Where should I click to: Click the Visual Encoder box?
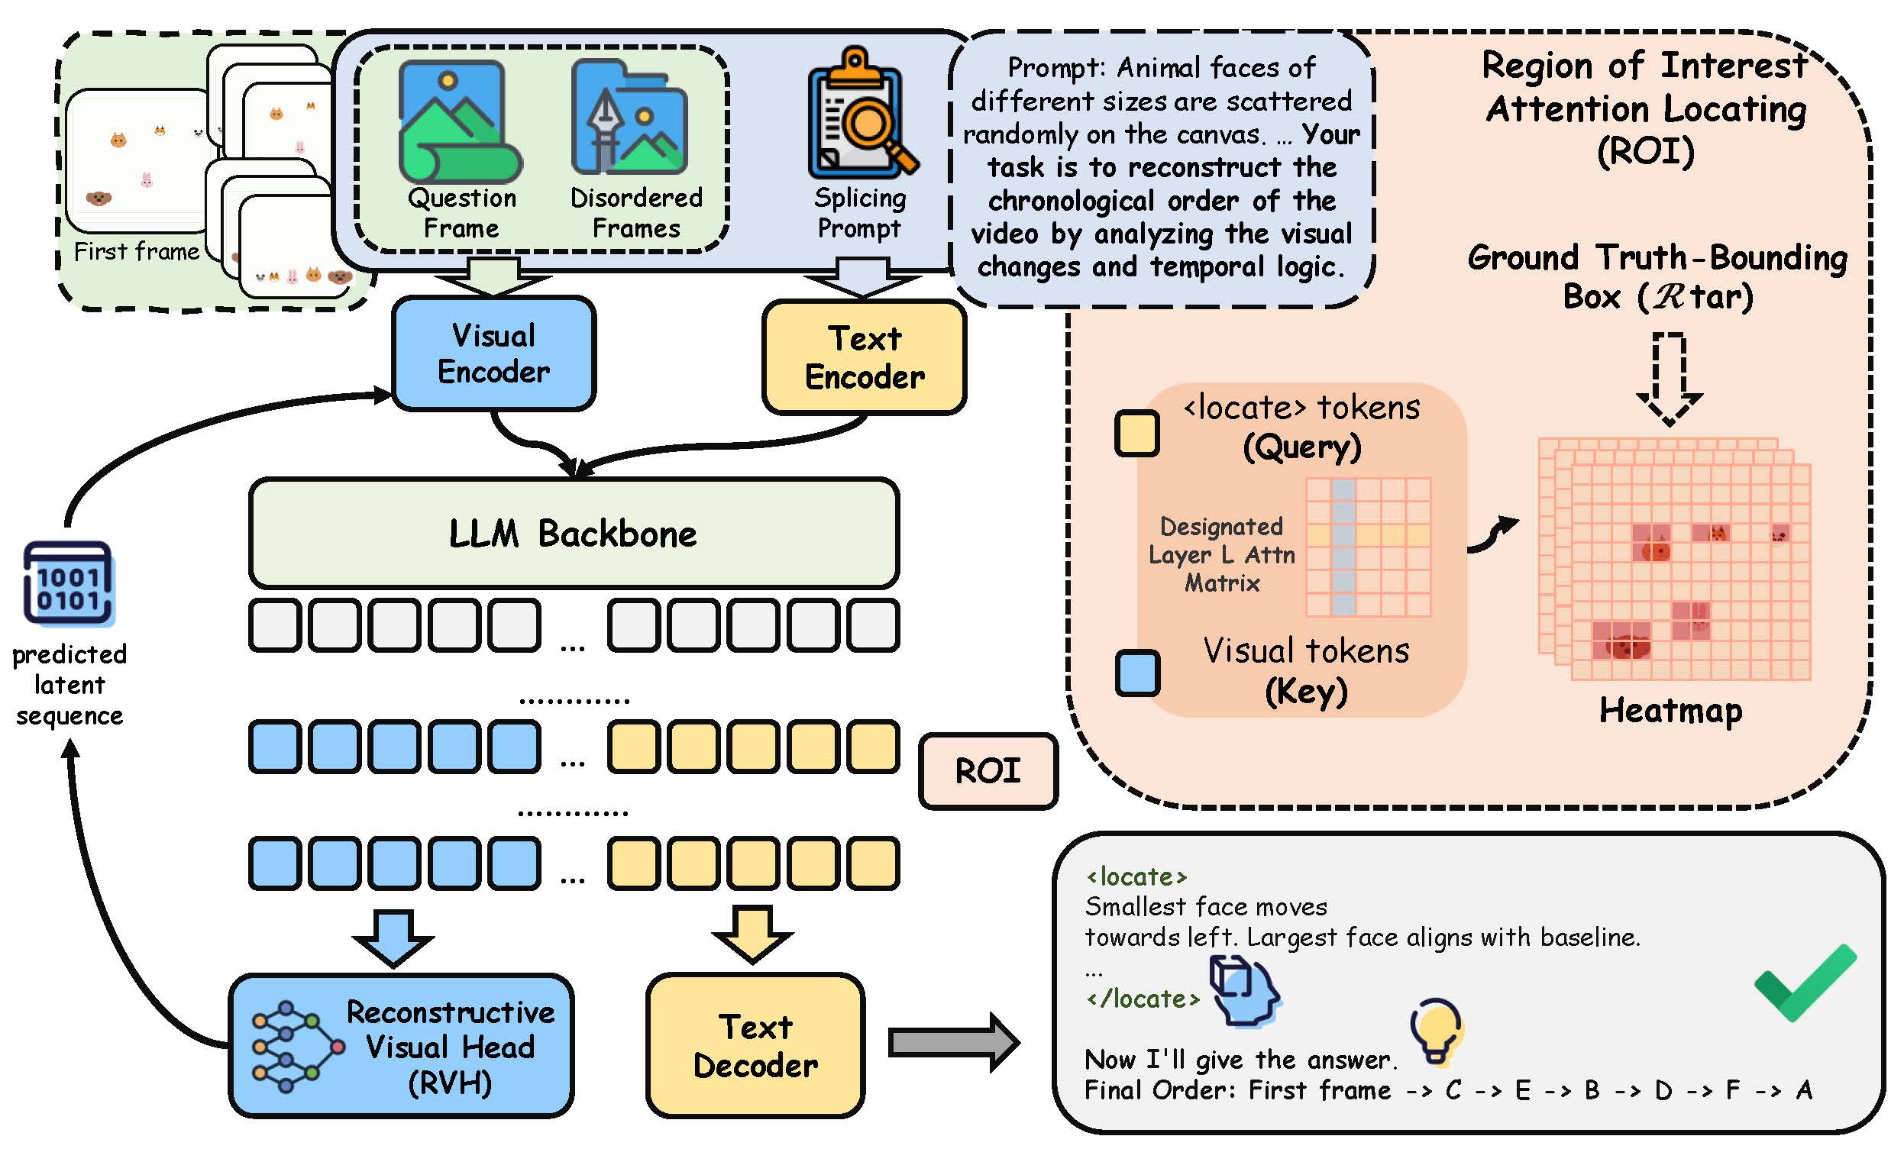pos(494,354)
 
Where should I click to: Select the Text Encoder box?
pos(864,357)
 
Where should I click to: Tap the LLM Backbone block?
pos(574,533)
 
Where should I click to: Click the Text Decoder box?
pos(755,1045)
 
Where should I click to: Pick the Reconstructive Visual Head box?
pos(401,1045)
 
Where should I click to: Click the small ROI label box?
pos(988,770)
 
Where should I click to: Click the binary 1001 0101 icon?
pos(69,583)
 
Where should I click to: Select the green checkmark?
pos(1805,982)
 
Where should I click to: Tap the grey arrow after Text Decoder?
pos(954,1042)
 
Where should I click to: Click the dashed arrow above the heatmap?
pos(1669,379)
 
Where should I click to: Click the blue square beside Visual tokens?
pos(1137,673)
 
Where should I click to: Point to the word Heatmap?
pos(1670,710)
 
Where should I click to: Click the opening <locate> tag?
pos(1136,876)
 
